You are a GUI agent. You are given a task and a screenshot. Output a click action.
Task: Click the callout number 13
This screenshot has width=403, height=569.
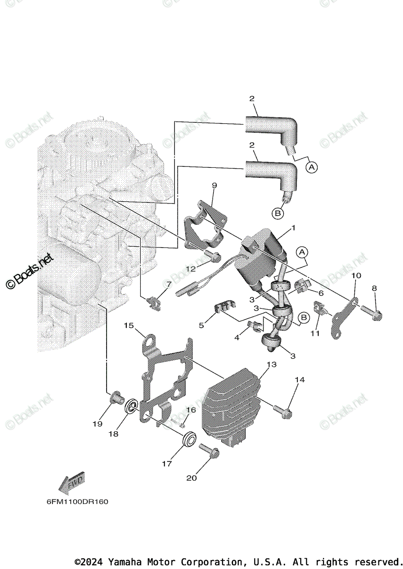tap(271, 365)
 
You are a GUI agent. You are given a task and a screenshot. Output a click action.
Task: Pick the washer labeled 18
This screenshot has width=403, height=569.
tap(131, 407)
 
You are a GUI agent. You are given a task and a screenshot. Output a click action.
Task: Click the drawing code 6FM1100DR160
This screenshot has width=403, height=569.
tap(74, 502)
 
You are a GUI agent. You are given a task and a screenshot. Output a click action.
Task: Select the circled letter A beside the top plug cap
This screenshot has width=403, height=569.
tap(311, 167)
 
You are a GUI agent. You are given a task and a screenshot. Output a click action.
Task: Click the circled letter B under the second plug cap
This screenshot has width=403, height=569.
tap(278, 214)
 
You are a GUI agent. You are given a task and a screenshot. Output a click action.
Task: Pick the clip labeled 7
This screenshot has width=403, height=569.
tap(154, 302)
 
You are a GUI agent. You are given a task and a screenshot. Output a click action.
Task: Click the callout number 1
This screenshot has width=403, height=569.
tap(293, 228)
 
